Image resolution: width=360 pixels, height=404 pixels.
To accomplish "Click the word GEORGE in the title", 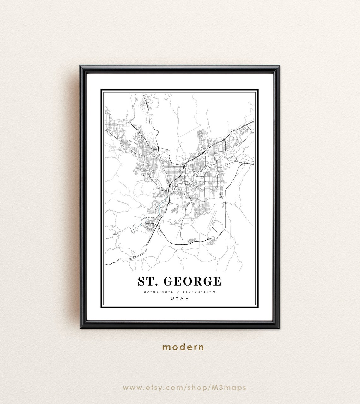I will point(193,281).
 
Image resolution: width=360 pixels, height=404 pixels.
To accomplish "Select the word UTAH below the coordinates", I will point(179,298).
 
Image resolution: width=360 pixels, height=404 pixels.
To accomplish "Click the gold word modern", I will point(183,347).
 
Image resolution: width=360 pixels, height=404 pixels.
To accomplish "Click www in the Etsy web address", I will point(130,388).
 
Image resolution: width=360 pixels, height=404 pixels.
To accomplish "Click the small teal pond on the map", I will point(140,225).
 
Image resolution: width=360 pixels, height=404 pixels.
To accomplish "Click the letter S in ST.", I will point(141,281).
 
